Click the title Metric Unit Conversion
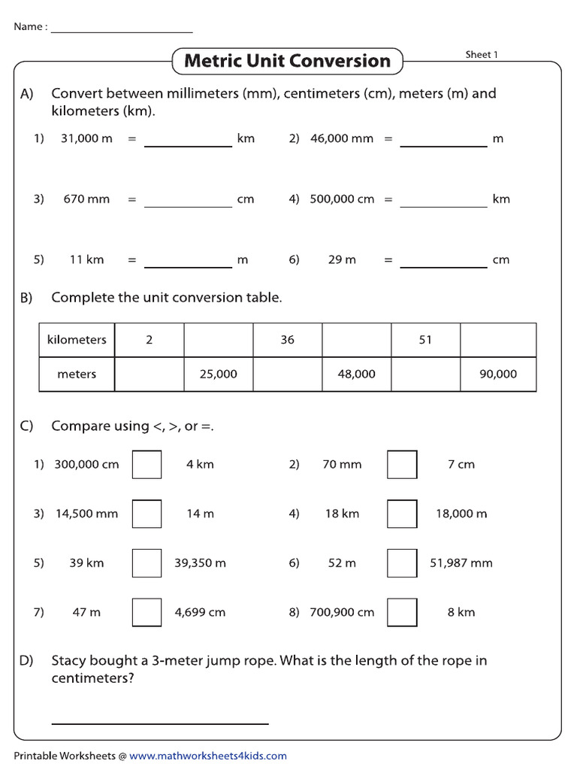(x=287, y=61)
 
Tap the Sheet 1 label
(x=482, y=54)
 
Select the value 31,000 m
(x=86, y=138)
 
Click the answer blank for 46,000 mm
(x=443, y=140)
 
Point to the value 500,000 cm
(x=342, y=199)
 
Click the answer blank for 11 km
(x=188, y=260)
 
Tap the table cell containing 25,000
(x=219, y=374)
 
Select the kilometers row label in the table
(x=77, y=340)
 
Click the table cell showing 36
(x=288, y=340)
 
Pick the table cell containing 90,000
(x=498, y=374)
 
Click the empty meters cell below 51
(x=425, y=374)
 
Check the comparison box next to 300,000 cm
(x=147, y=464)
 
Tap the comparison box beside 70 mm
(x=402, y=464)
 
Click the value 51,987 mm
(x=461, y=562)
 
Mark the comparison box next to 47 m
(x=147, y=612)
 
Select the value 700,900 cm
(x=342, y=612)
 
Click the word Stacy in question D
(x=68, y=661)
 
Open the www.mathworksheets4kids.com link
(x=208, y=756)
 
